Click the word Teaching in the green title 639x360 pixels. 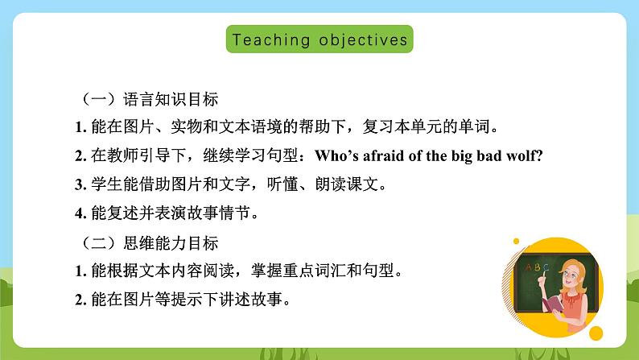pos(260,39)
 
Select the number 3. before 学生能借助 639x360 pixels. pos(80,184)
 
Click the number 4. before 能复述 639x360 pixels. pos(80,213)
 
